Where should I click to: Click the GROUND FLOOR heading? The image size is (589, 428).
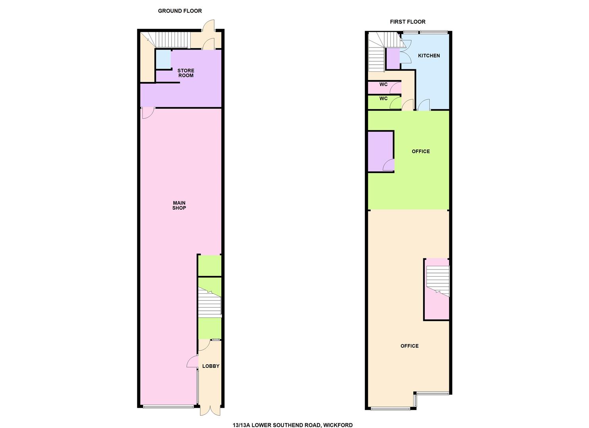pyautogui.click(x=180, y=11)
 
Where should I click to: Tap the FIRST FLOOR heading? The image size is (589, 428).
pyautogui.click(x=408, y=22)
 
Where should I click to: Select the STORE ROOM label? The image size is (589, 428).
pyautogui.click(x=186, y=73)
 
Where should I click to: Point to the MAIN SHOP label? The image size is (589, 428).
pyautogui.click(x=179, y=205)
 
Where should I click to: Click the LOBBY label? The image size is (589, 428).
pyautogui.click(x=211, y=366)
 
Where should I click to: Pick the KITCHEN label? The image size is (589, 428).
pyautogui.click(x=429, y=56)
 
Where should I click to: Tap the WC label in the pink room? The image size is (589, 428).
pyautogui.click(x=384, y=84)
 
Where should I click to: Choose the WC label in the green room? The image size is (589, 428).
pyautogui.click(x=384, y=99)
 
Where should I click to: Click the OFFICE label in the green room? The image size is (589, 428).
pyautogui.click(x=421, y=151)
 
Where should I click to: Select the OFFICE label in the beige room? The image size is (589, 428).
pyautogui.click(x=409, y=346)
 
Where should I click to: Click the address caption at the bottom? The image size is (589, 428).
pyautogui.click(x=292, y=425)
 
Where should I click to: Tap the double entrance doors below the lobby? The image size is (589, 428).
pyautogui.click(x=210, y=415)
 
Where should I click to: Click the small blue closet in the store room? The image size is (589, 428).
pyautogui.click(x=163, y=59)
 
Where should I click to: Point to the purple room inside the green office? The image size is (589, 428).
pyautogui.click(x=380, y=151)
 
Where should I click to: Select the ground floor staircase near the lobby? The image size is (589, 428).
pyautogui.click(x=209, y=302)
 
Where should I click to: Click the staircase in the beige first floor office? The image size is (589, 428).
pyautogui.click(x=438, y=281)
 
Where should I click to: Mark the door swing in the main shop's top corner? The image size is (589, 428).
pyautogui.click(x=148, y=113)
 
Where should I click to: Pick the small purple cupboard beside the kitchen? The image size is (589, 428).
pyautogui.click(x=393, y=59)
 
